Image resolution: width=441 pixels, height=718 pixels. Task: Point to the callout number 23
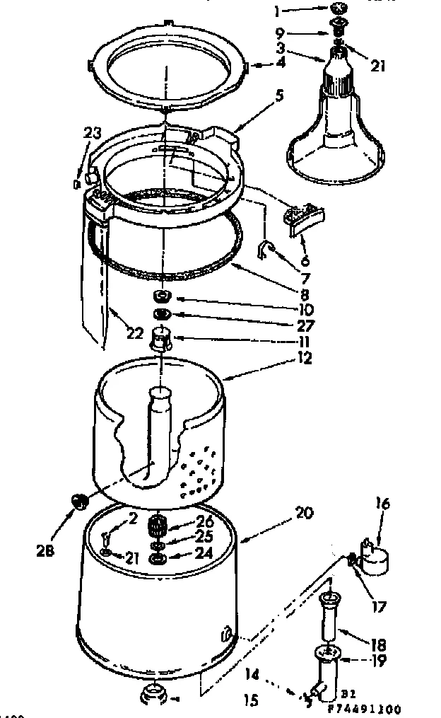(x=93, y=132)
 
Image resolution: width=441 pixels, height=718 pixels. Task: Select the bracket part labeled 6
(x=304, y=216)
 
